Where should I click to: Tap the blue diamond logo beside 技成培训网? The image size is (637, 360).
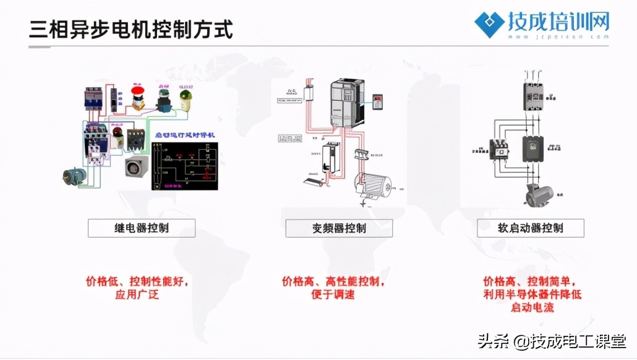pos(489,24)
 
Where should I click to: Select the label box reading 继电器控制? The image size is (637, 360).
pos(142,228)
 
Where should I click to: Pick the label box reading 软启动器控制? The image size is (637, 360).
pos(531,228)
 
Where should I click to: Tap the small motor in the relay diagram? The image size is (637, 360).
pos(75,176)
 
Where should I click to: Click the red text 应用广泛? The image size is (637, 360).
pos(137,294)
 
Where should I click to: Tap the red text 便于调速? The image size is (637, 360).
pos(333,294)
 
